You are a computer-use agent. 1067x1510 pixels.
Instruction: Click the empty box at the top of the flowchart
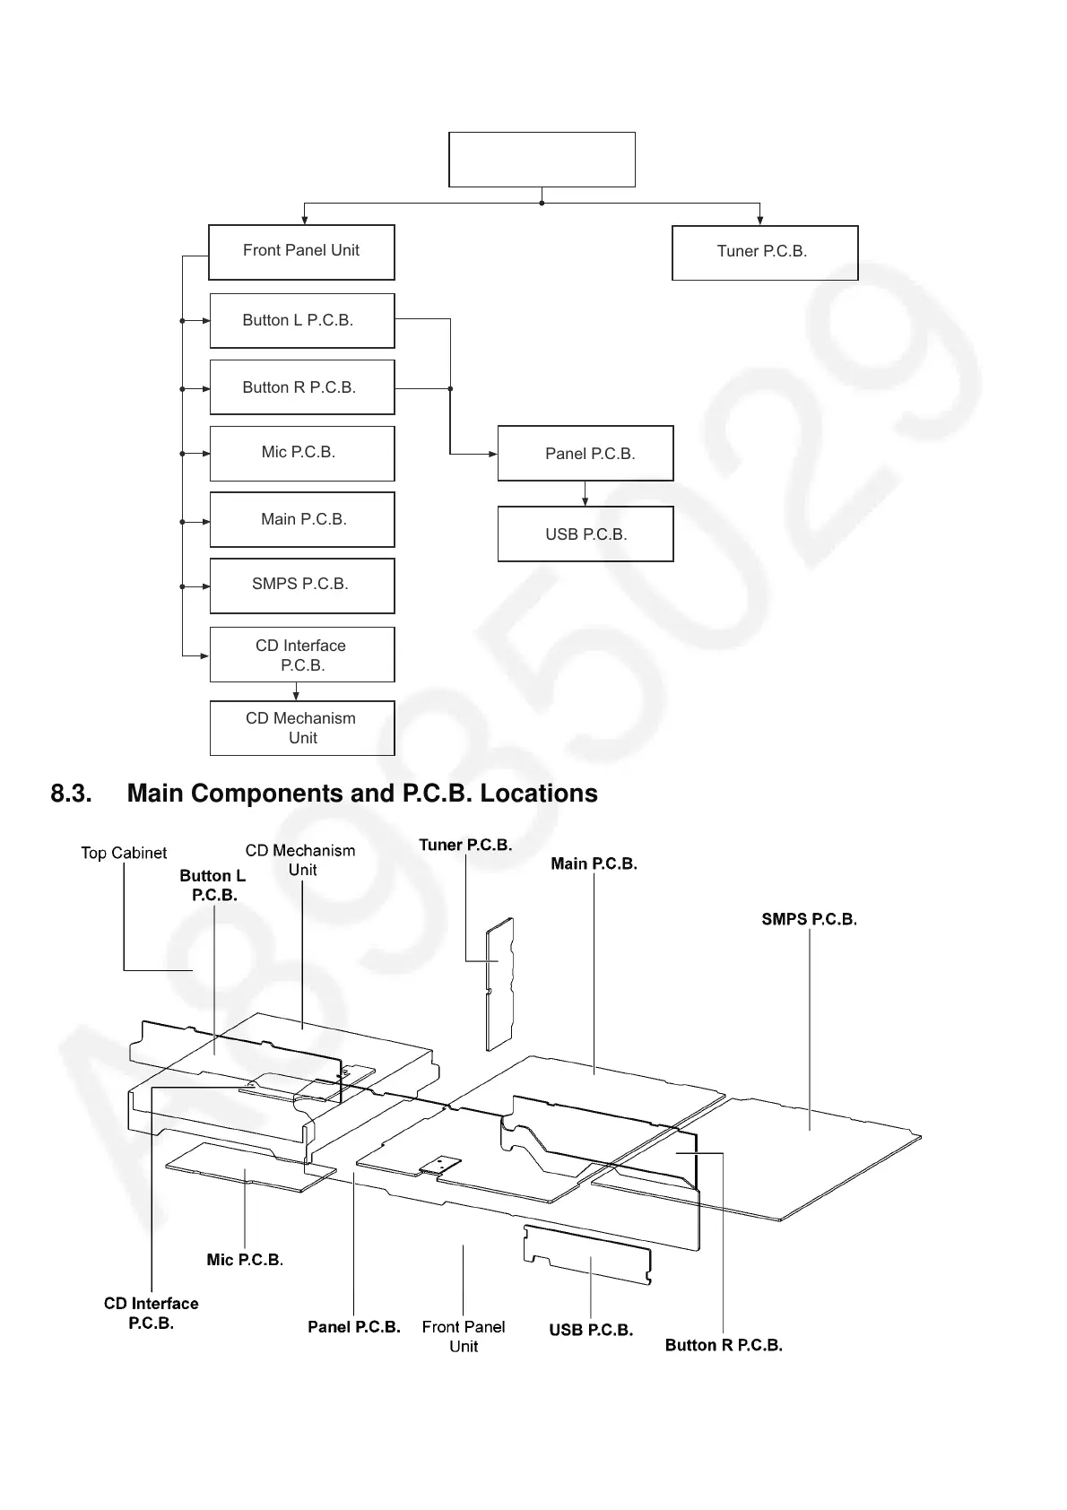(542, 160)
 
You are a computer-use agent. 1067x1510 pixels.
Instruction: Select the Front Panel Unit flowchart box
(301, 252)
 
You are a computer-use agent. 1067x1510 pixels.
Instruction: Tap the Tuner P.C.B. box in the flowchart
(765, 253)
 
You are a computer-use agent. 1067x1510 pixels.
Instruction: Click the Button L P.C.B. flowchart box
(302, 320)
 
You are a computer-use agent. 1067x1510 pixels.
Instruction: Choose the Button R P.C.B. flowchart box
(302, 387)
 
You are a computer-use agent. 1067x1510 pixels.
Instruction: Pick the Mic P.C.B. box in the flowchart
(302, 453)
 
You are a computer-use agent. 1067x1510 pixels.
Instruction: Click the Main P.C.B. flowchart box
(302, 519)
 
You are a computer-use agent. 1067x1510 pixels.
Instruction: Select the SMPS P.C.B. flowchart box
(302, 586)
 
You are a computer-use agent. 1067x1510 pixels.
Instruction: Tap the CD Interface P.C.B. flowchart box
(302, 655)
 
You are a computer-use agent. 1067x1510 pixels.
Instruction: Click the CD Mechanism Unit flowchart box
(302, 728)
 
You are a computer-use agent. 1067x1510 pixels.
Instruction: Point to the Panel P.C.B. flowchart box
(586, 454)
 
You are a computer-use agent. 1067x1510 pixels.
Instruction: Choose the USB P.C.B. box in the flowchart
(586, 534)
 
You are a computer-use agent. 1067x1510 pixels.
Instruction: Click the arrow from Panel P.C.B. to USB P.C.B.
(586, 494)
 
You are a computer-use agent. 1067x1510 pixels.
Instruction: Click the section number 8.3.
(72, 794)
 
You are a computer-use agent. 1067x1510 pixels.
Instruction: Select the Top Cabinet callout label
(124, 854)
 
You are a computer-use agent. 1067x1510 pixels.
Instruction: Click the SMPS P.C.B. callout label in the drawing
(809, 919)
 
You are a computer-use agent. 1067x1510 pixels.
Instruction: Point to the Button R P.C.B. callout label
(724, 1345)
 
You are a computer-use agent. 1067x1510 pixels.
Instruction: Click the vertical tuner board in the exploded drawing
(499, 984)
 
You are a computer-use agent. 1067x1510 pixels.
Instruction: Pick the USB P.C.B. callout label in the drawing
(591, 1330)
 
